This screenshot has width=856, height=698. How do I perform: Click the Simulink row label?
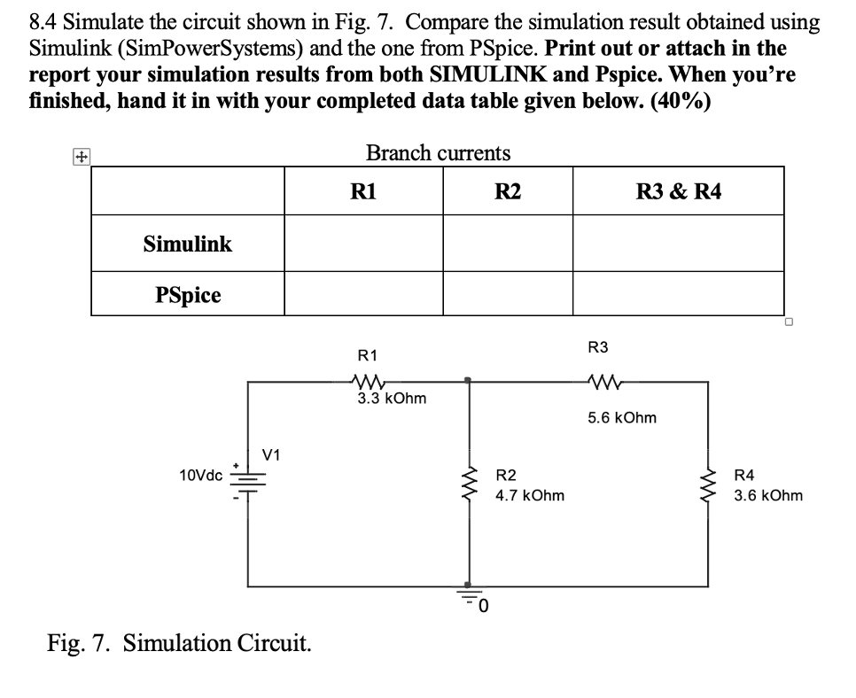coord(187,244)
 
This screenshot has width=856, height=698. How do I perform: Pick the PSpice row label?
coord(187,294)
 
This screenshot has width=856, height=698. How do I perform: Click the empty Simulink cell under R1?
coord(363,244)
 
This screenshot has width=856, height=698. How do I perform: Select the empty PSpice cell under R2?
coord(508,294)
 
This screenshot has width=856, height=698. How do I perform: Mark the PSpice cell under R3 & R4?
coord(679,294)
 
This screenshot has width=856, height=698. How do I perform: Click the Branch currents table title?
coord(438,152)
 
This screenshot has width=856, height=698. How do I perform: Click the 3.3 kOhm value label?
coord(391,399)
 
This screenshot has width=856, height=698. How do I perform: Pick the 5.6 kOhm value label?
coord(622,416)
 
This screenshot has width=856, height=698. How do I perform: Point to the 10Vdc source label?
coord(200,476)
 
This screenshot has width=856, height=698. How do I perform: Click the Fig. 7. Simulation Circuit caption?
coord(179,642)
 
